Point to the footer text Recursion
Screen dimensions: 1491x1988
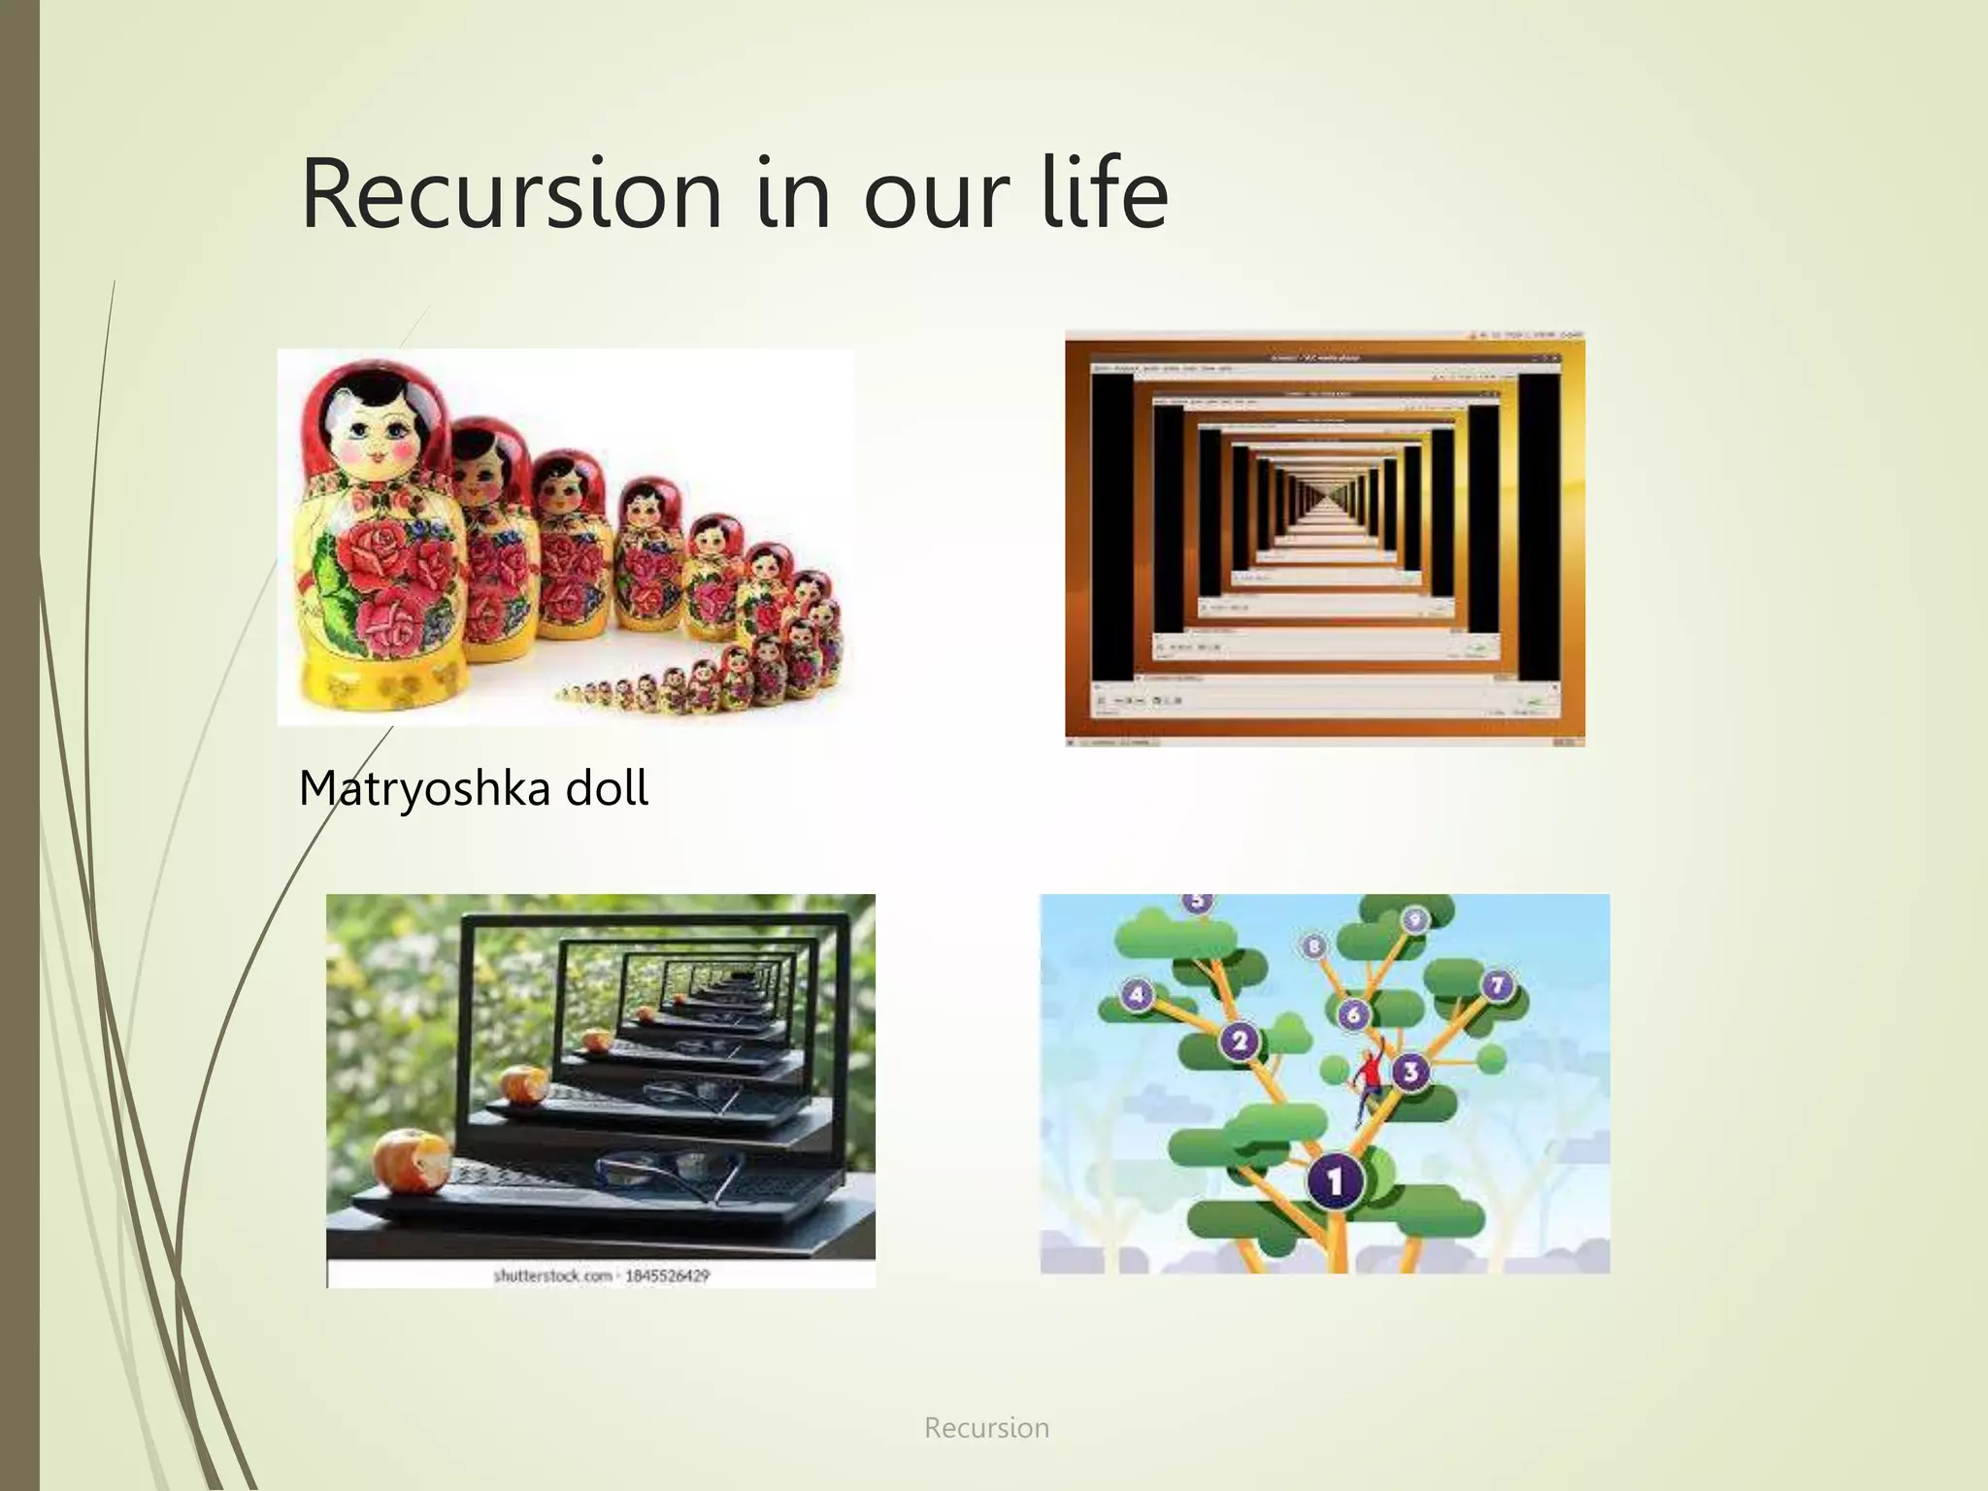(x=986, y=1428)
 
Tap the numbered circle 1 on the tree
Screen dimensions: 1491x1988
(x=1336, y=1180)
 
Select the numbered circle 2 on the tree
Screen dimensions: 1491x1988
(x=1239, y=1043)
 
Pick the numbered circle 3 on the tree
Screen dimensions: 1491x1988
(x=1409, y=1072)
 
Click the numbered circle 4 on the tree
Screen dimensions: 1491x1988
(x=1137, y=995)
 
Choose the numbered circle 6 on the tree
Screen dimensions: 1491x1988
(x=1353, y=1015)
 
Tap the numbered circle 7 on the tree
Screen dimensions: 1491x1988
(x=1497, y=985)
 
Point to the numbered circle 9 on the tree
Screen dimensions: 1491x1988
(x=1414, y=918)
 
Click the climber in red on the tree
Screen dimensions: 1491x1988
(x=1370, y=1077)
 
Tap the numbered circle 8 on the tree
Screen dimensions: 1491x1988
(x=1314, y=945)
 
